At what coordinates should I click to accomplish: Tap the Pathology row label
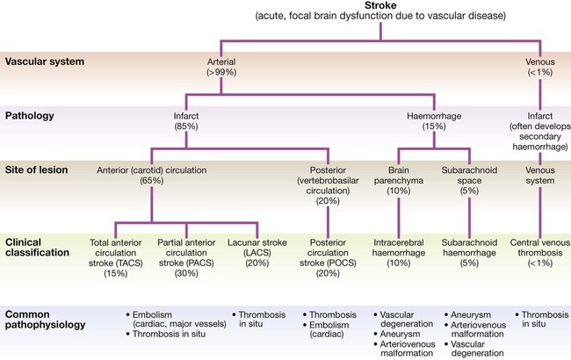pyautogui.click(x=30, y=114)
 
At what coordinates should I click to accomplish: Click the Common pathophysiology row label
pyautogui.click(x=45, y=319)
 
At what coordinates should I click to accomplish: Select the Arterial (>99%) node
pyautogui.click(x=220, y=68)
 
